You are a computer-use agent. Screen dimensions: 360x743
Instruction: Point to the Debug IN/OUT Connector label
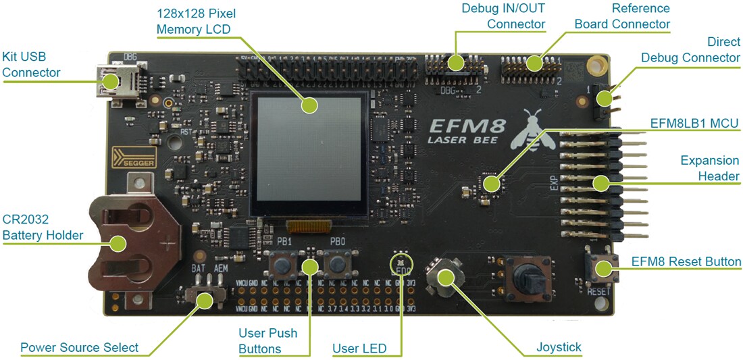503,16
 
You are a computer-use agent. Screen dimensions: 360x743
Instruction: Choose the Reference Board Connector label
622,16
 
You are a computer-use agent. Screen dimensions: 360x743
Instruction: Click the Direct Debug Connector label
690,50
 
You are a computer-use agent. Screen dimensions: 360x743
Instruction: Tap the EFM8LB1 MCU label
693,124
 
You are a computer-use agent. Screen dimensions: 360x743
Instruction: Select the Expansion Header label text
709,168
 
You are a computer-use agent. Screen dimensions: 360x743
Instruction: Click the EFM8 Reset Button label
686,262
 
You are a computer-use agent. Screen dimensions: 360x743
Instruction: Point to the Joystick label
559,348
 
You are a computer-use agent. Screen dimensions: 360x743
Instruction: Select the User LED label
359,349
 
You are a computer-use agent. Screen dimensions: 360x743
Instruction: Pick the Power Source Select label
79,348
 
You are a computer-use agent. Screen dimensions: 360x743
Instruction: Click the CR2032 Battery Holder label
43,228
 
